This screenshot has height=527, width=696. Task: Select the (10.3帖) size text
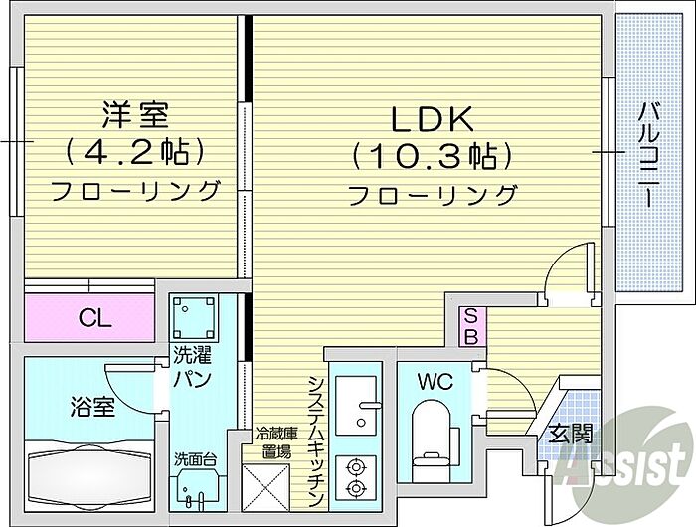(431, 155)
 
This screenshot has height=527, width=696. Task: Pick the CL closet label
(95, 319)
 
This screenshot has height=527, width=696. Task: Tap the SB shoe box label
(471, 327)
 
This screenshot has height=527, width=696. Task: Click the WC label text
(435, 381)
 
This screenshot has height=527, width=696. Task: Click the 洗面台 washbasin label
(193, 459)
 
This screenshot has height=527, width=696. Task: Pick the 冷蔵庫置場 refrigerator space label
(276, 442)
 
